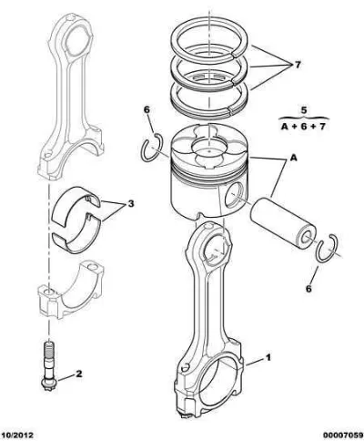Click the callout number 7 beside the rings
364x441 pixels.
coord(298,65)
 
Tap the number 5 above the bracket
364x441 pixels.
coord(304,110)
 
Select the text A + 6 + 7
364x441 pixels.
coord(303,126)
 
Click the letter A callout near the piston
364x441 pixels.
coord(293,158)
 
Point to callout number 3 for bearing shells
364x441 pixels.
coord(131,203)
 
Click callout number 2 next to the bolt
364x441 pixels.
coord(78,374)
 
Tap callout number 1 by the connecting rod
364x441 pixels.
coord(268,357)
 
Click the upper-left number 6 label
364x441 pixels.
coord(147,109)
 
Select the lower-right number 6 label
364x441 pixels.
coord(308,288)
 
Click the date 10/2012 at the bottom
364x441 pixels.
coord(16,435)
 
